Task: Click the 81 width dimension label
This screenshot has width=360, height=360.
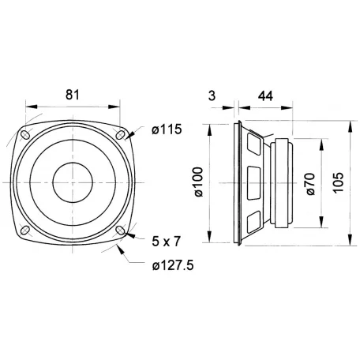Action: (x=72, y=95)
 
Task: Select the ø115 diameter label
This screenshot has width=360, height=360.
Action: (x=165, y=129)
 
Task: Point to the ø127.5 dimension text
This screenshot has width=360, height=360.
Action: (x=171, y=264)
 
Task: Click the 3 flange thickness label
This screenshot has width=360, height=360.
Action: (x=211, y=95)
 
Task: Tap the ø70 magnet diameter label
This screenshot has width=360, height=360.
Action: (x=309, y=184)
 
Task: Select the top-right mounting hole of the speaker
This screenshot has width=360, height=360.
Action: (x=120, y=135)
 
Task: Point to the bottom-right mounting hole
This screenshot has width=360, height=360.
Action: (x=120, y=230)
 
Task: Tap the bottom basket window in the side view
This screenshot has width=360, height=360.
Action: (x=253, y=220)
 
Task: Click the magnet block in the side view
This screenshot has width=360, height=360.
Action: (x=285, y=183)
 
